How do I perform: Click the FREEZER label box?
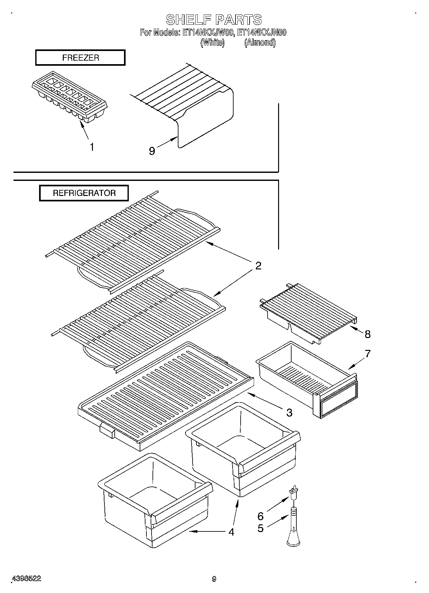[x=80, y=58]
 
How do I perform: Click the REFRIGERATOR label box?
[x=84, y=193]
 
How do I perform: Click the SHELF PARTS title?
[x=214, y=20]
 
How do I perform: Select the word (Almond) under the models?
[x=260, y=42]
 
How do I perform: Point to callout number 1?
[x=92, y=147]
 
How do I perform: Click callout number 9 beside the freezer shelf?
[x=152, y=151]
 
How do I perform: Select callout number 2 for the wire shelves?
[x=258, y=266]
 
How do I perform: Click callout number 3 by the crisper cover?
[x=289, y=412]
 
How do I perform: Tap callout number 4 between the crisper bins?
[x=231, y=532]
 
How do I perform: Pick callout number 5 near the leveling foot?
[x=260, y=528]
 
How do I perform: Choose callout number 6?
[x=260, y=516]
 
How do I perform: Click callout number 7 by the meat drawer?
[x=367, y=354]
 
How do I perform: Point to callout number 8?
[x=367, y=334]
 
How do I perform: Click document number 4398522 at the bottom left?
[x=26, y=579]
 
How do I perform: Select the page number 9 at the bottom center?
[x=214, y=579]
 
